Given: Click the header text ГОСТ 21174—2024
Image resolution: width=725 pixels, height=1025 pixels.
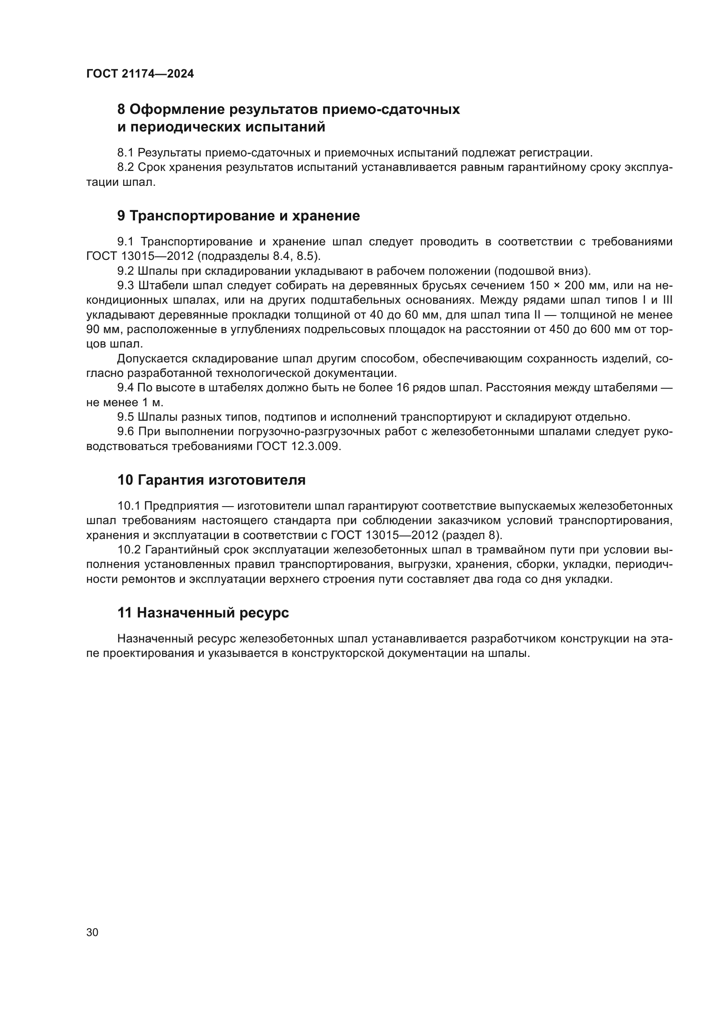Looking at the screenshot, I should coord(140,74).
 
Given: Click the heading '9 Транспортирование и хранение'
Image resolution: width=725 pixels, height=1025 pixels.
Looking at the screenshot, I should coord(238,216).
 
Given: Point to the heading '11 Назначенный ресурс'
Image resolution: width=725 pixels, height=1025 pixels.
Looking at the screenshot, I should coord(203,613).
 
